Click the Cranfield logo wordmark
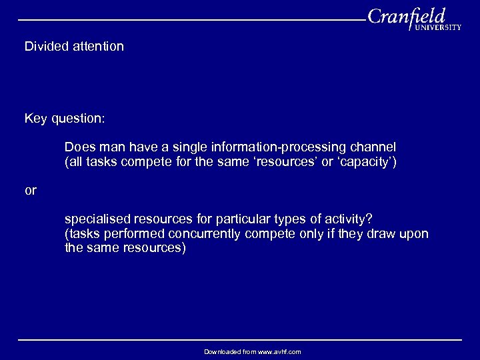pos(406,16)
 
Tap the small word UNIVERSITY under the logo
pos(437,28)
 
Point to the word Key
pos(35,119)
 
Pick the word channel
pos(373,146)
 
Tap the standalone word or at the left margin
pos(31,190)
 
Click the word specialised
pos(96,219)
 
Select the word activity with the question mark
pos(349,219)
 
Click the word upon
pos(414,234)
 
